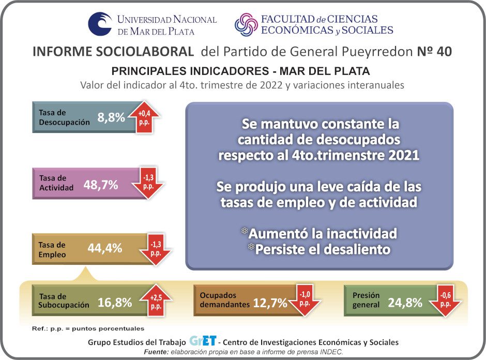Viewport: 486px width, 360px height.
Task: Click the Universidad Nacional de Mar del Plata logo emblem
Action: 100,24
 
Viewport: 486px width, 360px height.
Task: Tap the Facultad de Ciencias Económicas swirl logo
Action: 247,25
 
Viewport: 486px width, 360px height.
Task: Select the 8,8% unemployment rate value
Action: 111,117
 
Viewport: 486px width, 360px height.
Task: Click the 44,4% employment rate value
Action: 104,248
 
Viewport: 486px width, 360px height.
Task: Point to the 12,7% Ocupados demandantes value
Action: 270,303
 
